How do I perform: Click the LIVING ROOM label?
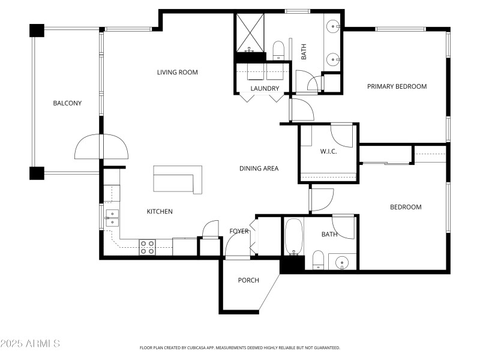[177, 73]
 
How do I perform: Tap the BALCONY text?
[67, 103]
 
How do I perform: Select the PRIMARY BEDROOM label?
[397, 86]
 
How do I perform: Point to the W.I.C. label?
[328, 151]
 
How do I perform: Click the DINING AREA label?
[259, 169]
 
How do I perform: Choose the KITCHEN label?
[160, 211]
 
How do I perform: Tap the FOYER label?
[239, 232]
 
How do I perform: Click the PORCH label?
[248, 280]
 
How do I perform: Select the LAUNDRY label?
[265, 89]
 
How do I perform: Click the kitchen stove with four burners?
[148, 247]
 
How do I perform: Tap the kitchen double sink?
[112, 218]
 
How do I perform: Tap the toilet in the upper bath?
[278, 50]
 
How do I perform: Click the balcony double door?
[101, 146]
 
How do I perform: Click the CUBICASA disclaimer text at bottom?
[240, 347]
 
